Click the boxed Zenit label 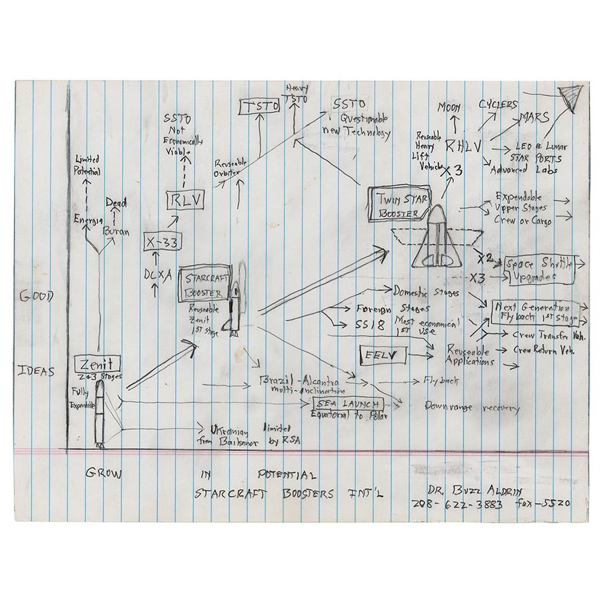pos(98,364)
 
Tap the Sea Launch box pos(345,403)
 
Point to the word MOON pos(449,108)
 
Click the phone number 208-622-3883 pos(457,504)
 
